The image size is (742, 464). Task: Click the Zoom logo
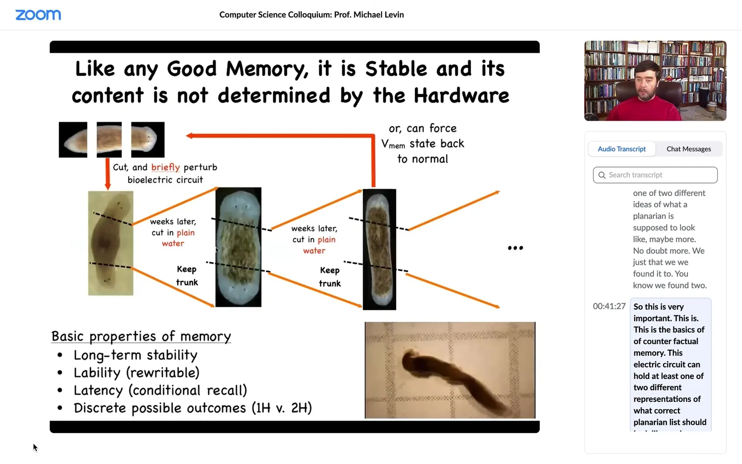pos(38,15)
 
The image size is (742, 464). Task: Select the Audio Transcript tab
pos(621,149)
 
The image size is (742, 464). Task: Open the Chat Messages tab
pos(689,149)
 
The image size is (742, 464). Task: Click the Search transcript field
pos(655,175)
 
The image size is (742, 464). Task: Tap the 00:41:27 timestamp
pos(609,306)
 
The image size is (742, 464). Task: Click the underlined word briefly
pos(165,167)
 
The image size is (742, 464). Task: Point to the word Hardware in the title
pos(461,96)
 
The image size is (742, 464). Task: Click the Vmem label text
pos(393,144)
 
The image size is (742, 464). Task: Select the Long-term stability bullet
pos(135,355)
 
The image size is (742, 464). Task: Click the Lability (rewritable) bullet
pos(136,373)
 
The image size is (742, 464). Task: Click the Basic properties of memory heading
pos(141,336)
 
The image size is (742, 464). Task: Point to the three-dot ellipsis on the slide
pos(515,248)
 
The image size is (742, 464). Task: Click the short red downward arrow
pos(108,174)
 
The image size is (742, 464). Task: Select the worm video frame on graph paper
pos(450,370)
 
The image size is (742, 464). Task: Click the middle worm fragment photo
pos(109,140)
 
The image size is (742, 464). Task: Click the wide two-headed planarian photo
pos(238,247)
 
